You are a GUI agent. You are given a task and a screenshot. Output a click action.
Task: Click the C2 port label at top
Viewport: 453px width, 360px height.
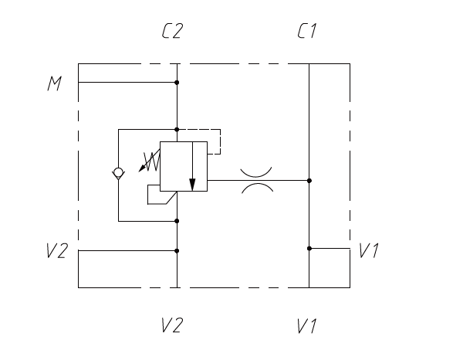(172, 31)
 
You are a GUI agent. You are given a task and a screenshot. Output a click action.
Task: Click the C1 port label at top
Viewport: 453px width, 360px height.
(307, 31)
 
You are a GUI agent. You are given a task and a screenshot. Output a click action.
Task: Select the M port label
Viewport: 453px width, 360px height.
(55, 83)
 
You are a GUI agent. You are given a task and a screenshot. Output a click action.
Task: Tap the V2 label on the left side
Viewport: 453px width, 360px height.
(57, 250)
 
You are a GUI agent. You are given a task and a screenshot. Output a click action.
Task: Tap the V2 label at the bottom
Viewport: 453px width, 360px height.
(172, 325)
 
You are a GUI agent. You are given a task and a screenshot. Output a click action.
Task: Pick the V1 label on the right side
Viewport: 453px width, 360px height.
(369, 250)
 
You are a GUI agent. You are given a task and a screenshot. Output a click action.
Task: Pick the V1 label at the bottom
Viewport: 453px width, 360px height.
(307, 326)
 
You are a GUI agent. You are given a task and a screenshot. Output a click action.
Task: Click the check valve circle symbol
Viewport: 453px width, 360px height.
(118, 172)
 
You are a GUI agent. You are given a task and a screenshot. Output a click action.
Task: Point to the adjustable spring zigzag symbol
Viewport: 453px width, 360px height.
(152, 161)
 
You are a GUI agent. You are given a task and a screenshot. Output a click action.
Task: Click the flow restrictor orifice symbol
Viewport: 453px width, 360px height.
(257, 181)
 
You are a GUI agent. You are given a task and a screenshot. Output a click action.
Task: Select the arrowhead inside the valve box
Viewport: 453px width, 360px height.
(192, 185)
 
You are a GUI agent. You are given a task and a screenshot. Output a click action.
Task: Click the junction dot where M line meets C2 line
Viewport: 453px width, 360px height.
(177, 83)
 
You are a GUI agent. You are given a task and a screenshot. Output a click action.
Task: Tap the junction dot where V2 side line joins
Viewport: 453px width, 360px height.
(177, 251)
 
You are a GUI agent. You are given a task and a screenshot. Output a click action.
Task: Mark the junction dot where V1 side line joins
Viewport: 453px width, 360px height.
(309, 249)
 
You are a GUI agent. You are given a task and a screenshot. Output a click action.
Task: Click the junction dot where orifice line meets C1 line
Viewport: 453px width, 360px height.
(309, 181)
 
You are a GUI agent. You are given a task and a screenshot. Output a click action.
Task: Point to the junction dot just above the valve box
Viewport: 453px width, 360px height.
(177, 130)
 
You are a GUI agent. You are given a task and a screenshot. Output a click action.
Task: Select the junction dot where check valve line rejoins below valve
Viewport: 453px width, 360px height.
(177, 221)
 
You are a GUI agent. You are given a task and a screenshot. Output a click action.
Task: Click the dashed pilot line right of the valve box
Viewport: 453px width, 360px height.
(221, 141)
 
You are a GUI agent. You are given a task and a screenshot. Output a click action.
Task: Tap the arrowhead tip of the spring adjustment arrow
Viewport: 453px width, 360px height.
(139, 172)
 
